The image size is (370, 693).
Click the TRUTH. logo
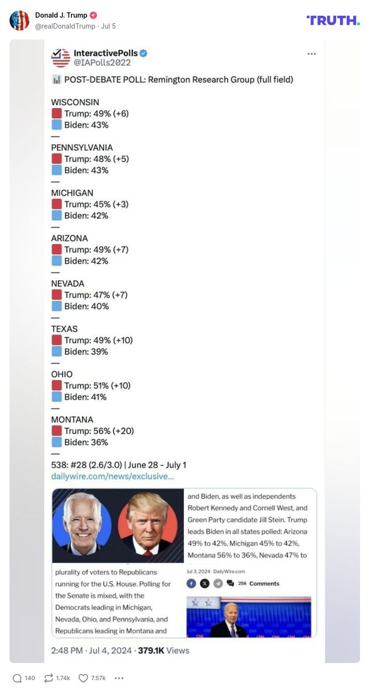point(333,20)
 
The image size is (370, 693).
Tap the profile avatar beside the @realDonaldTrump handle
point(20,20)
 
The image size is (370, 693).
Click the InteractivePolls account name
point(105,53)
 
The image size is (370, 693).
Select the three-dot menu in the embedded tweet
point(311,54)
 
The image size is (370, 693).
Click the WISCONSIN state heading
point(75,102)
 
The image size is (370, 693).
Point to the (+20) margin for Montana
point(123,431)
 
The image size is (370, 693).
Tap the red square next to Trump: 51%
point(57,386)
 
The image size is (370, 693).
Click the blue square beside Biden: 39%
point(57,352)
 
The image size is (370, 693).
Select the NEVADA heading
point(68,284)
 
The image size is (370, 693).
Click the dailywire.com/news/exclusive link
point(112,476)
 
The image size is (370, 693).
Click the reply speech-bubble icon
point(17,678)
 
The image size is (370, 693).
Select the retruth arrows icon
point(48,678)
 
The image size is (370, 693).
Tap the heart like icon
point(83,678)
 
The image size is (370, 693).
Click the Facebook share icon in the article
point(191,583)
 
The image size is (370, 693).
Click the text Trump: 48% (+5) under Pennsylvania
point(97,159)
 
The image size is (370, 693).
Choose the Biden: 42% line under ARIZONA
point(86,261)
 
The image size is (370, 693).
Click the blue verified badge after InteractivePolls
point(143,53)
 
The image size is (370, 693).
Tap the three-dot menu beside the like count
point(119,678)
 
